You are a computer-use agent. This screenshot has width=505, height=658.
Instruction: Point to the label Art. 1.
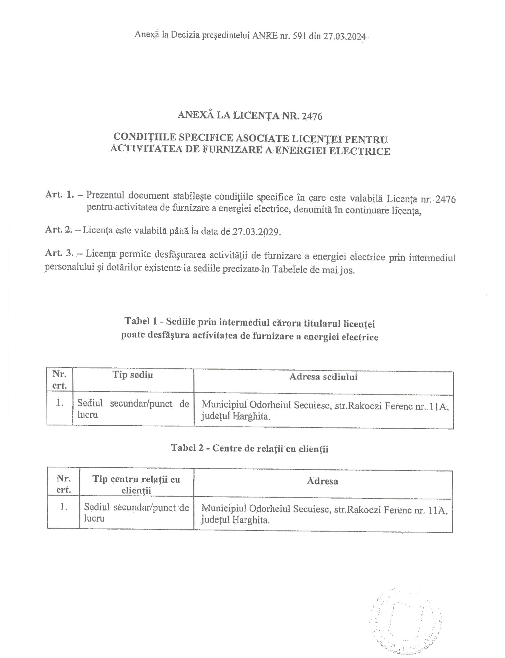pos(60,195)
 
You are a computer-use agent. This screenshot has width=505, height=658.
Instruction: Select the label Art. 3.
pos(59,253)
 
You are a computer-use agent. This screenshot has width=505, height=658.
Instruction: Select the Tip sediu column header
pos(133,375)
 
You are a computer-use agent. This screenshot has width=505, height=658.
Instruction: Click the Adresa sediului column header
pos(323,377)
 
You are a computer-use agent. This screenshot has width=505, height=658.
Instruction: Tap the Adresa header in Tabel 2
pos(323,481)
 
